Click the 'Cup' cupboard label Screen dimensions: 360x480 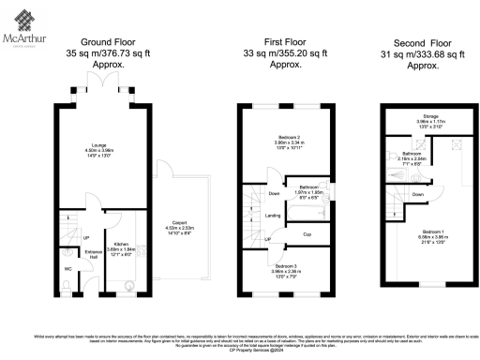coord(307,233)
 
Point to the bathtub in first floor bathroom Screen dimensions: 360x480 coord(307,212)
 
